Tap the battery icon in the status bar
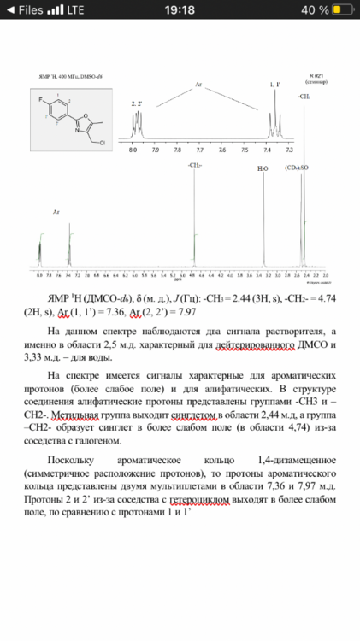point(343,9)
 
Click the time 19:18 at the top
point(180,9)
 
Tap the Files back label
point(25,9)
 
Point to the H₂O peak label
point(263,168)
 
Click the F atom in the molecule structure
point(42,100)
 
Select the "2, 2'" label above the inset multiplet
point(137,103)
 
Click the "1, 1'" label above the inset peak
point(274,85)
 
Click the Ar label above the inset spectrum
point(198,85)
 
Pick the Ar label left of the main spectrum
point(56,210)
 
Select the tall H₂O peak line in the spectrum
point(264,222)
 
